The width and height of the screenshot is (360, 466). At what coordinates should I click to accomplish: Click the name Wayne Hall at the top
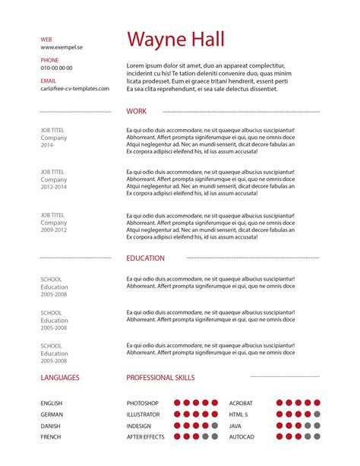(175, 40)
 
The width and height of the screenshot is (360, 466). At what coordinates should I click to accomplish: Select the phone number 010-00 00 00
(57, 68)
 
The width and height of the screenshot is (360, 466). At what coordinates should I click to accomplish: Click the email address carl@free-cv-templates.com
(75, 88)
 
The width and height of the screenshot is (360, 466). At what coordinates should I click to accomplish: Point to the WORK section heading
(137, 111)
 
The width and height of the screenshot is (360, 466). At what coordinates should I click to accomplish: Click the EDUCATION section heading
(145, 258)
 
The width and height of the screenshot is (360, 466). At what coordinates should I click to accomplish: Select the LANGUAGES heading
(60, 377)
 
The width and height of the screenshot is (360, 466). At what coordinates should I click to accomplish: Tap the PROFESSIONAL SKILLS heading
(160, 377)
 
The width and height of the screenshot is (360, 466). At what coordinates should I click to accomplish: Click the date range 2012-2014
(54, 187)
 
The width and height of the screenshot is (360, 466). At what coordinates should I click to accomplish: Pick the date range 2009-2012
(54, 230)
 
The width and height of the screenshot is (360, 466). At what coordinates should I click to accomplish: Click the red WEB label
(46, 38)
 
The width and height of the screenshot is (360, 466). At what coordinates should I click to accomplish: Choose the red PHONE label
(49, 59)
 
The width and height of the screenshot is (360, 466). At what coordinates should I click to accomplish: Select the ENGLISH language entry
(52, 403)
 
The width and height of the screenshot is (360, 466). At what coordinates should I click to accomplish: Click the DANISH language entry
(51, 426)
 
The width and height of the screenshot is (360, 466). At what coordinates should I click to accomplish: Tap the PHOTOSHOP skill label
(143, 403)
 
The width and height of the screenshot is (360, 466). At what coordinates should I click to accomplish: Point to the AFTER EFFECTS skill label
(146, 437)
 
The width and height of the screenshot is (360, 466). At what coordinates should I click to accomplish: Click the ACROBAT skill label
(242, 403)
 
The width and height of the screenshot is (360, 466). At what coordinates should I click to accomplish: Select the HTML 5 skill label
(239, 414)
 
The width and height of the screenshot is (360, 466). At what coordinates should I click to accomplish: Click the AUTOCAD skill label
(242, 437)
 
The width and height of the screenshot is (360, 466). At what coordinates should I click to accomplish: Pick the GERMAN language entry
(52, 414)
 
